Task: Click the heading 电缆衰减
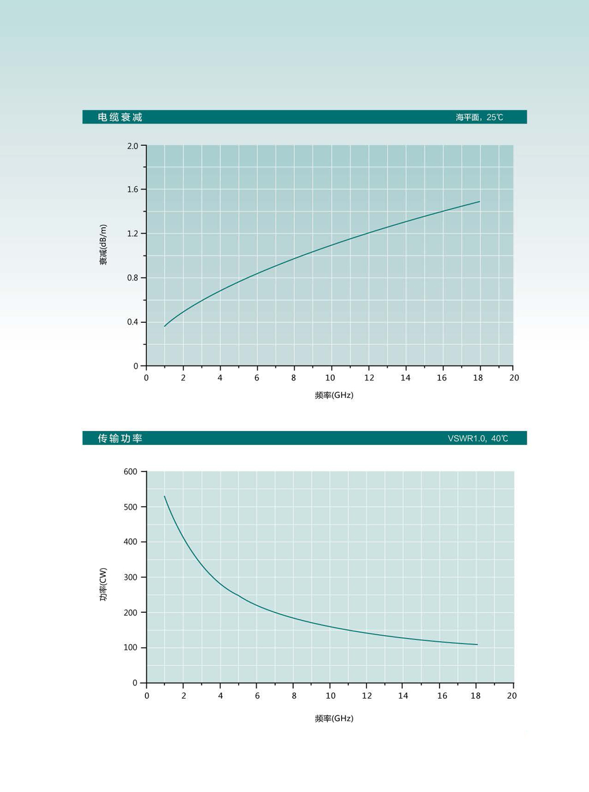tap(120, 118)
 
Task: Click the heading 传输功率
tap(120, 439)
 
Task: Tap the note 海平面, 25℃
tap(479, 118)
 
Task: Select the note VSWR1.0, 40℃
tap(478, 439)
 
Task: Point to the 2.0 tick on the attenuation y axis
tap(133, 146)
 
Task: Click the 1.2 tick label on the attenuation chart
tap(133, 234)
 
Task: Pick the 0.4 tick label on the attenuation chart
tap(133, 322)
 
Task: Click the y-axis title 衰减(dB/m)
tap(103, 244)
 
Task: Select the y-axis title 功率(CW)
tap(103, 584)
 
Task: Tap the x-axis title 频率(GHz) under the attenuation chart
tap(334, 395)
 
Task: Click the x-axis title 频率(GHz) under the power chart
tap(334, 719)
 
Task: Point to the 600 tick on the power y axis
tap(130, 472)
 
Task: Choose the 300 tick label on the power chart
tap(130, 578)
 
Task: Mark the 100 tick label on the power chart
tap(130, 648)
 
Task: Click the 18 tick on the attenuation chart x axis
tap(478, 378)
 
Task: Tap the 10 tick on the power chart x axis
tap(331, 696)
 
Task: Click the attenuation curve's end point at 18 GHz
tap(479, 202)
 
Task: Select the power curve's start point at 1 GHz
tap(164, 496)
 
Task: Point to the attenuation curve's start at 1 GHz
tap(164, 326)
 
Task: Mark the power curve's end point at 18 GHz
tap(477, 644)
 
